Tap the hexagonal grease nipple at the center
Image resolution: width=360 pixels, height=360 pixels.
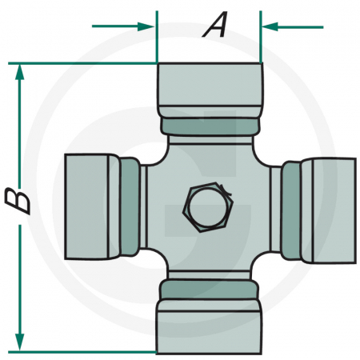pyautogui.click(x=207, y=207)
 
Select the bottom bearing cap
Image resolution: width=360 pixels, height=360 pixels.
pyautogui.click(x=210, y=323)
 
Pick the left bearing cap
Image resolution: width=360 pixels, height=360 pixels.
pyautogui.click(x=88, y=206)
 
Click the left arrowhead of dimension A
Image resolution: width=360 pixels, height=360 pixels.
pyautogui.click(x=147, y=26)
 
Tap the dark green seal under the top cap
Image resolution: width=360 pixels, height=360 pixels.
pyautogui.click(x=210, y=126)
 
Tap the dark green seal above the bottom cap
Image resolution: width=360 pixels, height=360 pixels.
pyautogui.click(x=210, y=287)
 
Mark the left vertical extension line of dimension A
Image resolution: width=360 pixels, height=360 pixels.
pyautogui.click(x=157, y=36)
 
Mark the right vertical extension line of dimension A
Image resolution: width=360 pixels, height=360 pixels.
pyautogui.click(x=262, y=36)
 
